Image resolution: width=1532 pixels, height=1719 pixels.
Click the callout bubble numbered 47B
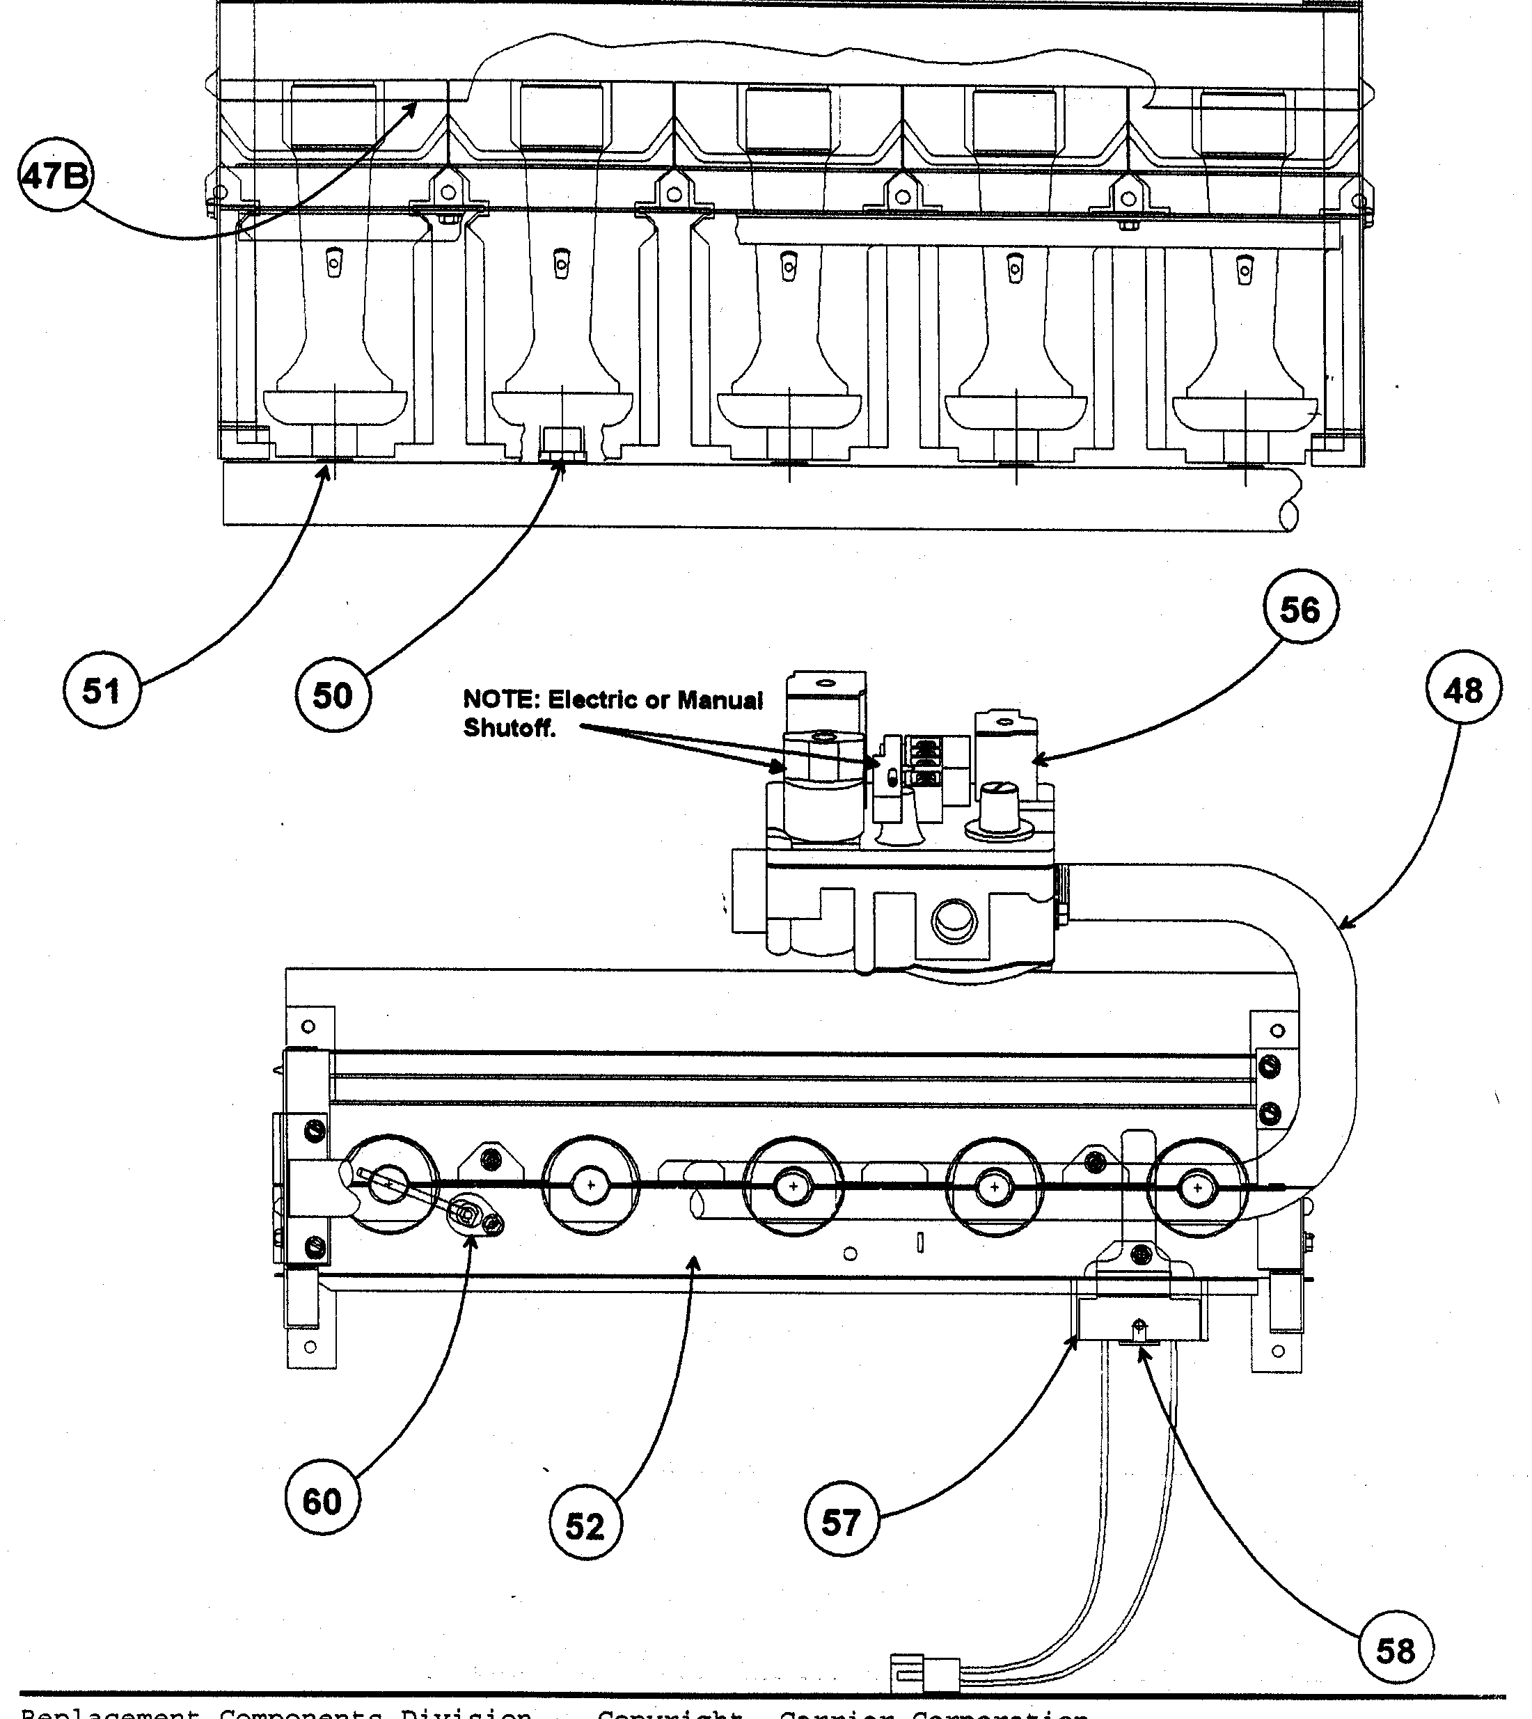56,177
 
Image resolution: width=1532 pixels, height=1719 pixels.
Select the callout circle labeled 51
102,690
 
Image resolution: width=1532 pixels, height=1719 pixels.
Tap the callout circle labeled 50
333,695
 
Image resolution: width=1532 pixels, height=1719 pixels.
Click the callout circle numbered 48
1463,690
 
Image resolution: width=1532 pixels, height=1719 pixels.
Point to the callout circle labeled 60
322,1501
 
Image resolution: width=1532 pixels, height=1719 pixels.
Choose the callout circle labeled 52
585,1526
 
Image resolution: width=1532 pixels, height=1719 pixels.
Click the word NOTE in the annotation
498,699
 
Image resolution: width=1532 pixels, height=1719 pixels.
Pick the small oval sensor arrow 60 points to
471,1216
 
